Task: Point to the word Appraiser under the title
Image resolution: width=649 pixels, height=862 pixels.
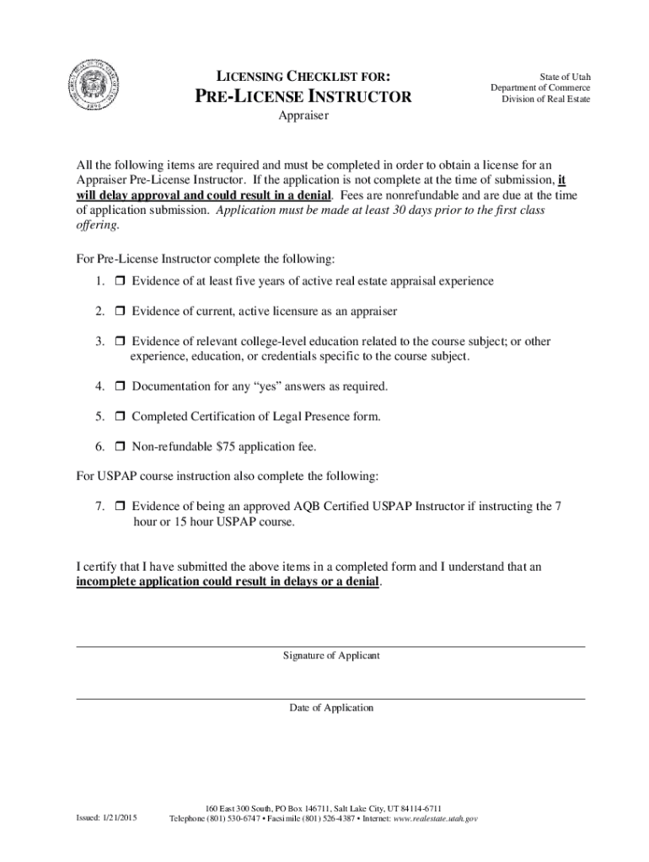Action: (x=303, y=116)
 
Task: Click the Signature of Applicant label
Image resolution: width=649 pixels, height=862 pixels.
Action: (x=331, y=655)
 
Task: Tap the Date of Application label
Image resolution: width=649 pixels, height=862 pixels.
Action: (x=331, y=708)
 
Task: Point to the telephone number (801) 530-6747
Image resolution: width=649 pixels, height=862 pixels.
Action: (x=238, y=818)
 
